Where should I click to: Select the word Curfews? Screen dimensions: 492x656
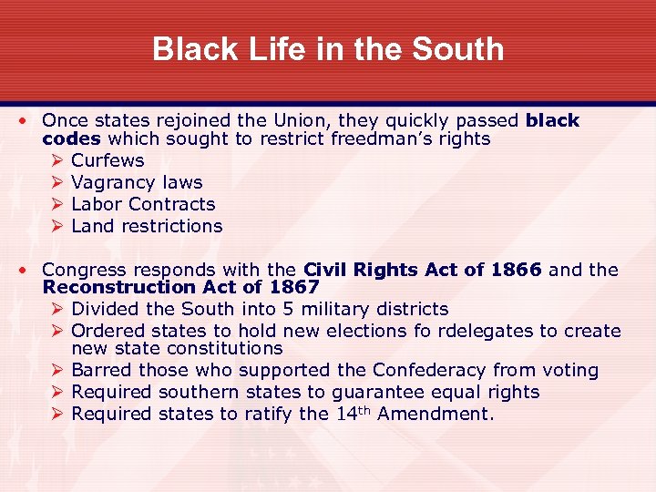point(108,160)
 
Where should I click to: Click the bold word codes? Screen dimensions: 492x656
point(72,139)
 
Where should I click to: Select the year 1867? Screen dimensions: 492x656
point(292,287)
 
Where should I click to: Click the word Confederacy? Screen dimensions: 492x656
point(427,370)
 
